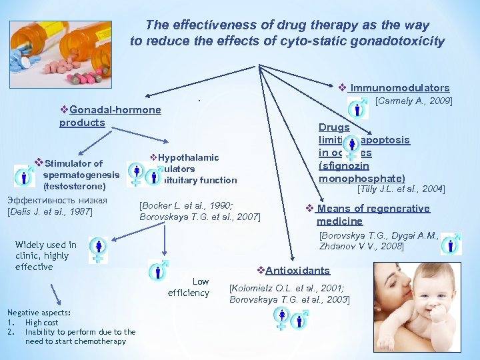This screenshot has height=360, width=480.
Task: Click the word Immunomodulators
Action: pos(399,88)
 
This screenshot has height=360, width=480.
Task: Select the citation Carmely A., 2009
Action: pos(414,101)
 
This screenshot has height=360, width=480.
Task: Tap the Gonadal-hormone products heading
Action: pos(110,116)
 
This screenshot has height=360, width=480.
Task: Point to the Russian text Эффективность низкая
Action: pos(57,201)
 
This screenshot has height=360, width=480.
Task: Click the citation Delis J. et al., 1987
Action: pos(49,212)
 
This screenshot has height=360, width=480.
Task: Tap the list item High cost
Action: pos(41,323)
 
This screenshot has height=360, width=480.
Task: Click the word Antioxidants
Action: pos(297,270)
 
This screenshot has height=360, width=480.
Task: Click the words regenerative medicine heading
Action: pos(373,215)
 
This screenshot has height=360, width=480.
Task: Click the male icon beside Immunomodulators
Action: pos(358,108)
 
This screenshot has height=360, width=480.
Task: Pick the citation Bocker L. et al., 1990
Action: pos(186,205)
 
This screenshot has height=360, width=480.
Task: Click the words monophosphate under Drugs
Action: pos(362,178)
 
